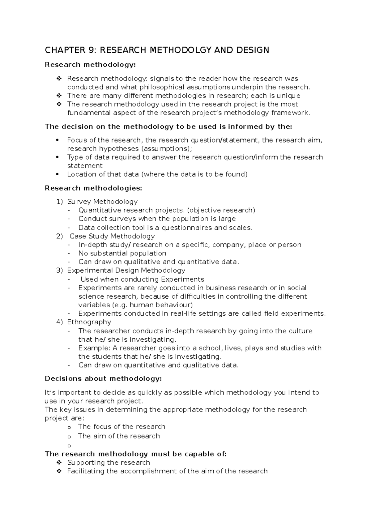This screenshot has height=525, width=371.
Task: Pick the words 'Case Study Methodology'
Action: tap(112, 237)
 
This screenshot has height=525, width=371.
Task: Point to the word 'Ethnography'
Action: tap(89, 322)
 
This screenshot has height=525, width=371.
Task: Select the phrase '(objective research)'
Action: tap(221, 211)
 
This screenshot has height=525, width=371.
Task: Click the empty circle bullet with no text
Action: tap(69, 446)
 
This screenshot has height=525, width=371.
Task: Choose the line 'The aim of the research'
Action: tap(119, 436)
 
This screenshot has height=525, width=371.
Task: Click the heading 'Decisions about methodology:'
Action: tap(103, 379)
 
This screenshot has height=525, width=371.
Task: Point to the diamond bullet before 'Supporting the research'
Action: tap(59, 463)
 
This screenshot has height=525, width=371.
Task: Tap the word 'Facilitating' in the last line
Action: tap(86, 471)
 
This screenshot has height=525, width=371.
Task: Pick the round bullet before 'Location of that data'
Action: tap(57, 174)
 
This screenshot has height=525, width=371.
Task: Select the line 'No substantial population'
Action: tap(122, 254)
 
